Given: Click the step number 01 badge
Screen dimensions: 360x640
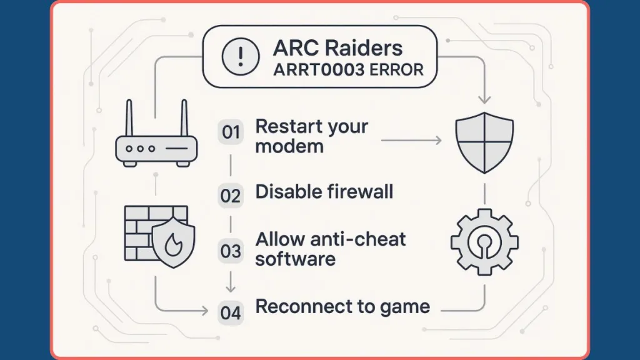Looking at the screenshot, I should [231, 132].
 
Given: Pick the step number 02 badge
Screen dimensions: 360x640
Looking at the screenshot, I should [231, 196].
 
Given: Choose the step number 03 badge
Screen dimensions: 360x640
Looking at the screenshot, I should [231, 251].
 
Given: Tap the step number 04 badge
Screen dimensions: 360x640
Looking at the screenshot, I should [231, 312].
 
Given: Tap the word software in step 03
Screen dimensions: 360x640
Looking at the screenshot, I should [295, 259].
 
